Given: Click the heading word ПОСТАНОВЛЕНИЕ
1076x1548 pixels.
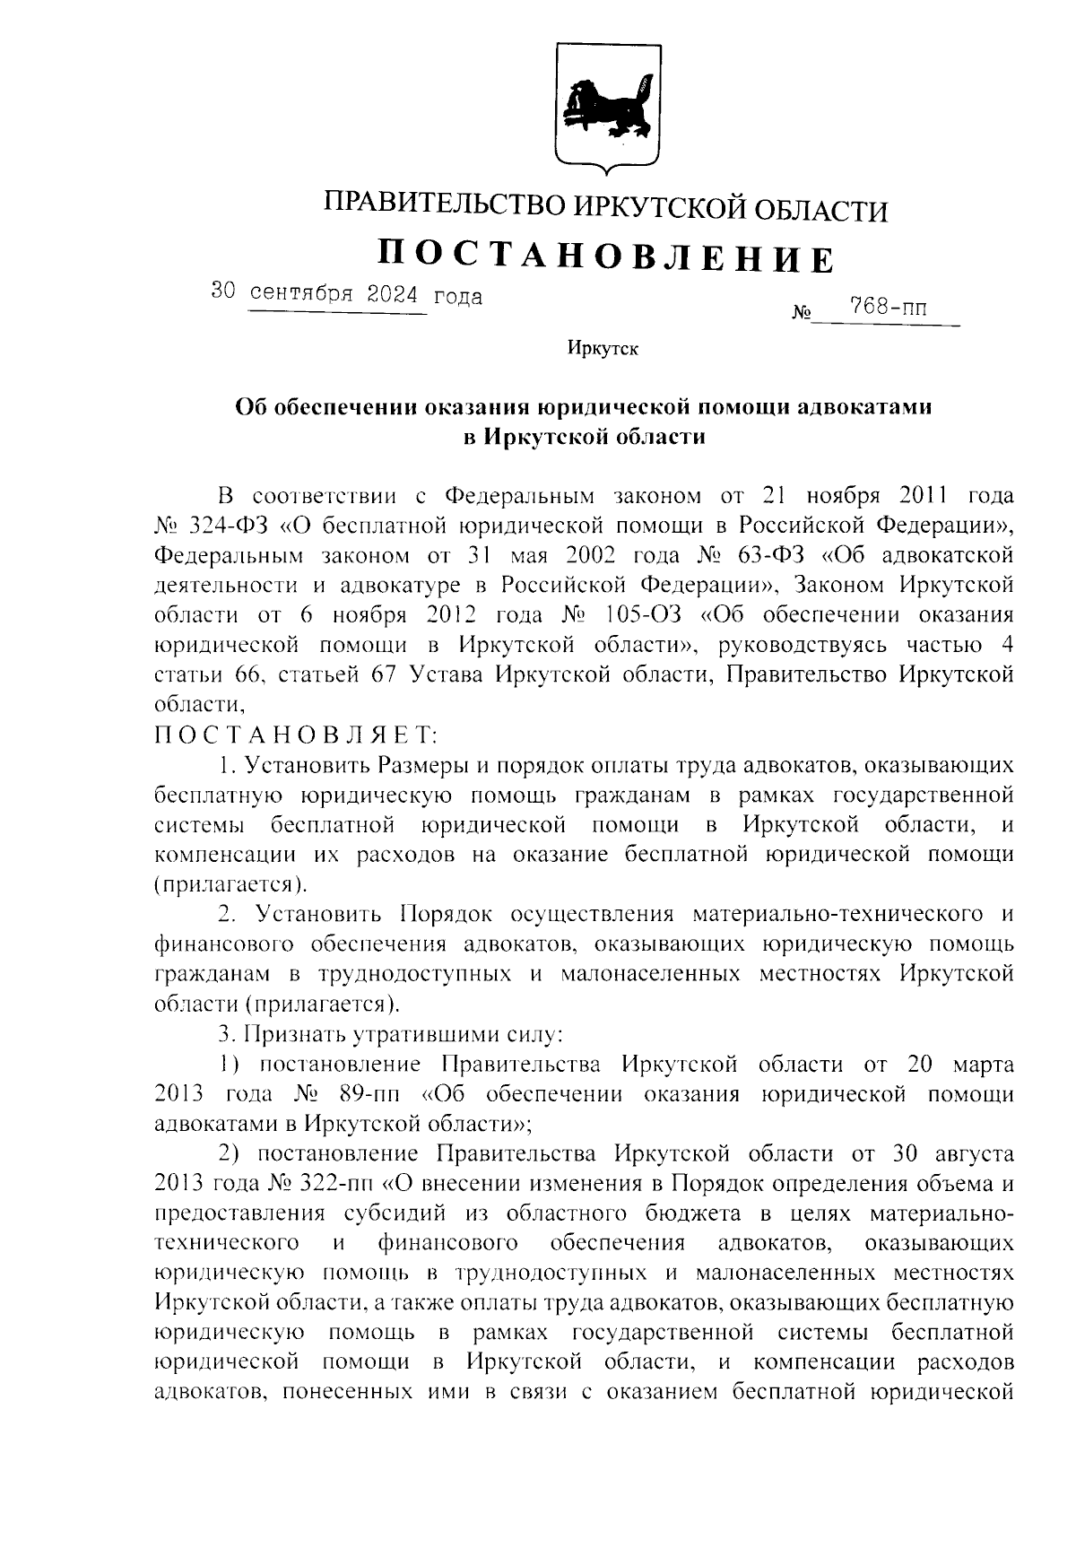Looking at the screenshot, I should click(605, 257).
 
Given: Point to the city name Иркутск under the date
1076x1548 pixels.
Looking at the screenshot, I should click(603, 350).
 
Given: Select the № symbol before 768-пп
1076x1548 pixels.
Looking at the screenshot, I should click(802, 314).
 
